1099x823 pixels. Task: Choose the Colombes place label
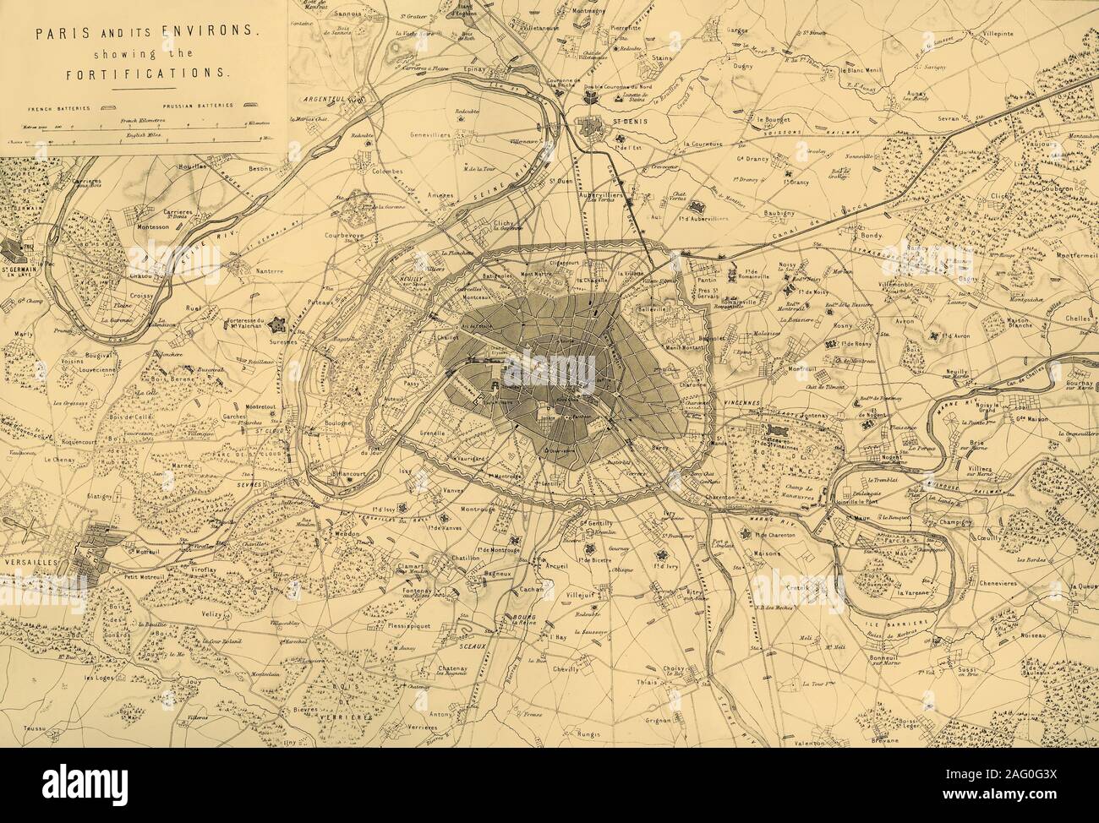coord(385,170)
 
